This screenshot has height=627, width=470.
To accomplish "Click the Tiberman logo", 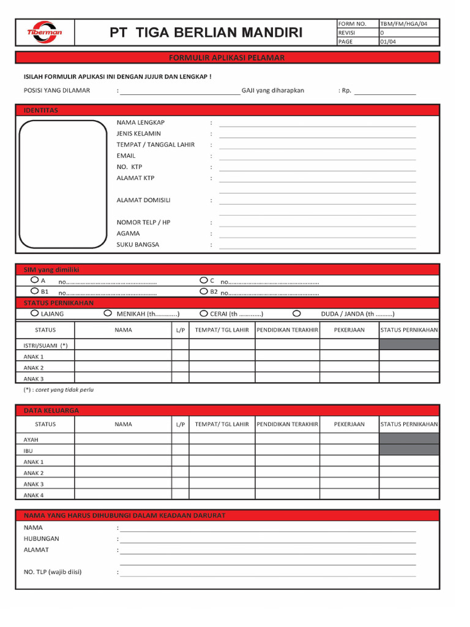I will (x=44, y=32).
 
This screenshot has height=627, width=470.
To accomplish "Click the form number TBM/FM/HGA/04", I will (x=403, y=23).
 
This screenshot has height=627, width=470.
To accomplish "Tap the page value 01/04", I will (x=388, y=42).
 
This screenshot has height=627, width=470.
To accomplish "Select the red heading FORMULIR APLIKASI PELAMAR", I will (x=227, y=58).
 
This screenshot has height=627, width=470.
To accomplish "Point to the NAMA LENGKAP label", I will (x=141, y=122).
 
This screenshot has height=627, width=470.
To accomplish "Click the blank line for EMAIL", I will (x=317, y=159).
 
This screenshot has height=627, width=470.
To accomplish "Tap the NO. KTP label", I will (x=129, y=167).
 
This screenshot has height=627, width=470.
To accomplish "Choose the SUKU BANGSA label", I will (x=138, y=244).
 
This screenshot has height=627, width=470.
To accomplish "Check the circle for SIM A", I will (x=35, y=280).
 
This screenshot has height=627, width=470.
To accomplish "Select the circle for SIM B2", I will (x=204, y=291).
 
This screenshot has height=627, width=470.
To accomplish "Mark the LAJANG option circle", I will (x=35, y=313).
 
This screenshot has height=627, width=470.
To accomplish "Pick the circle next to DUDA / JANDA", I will (x=297, y=313).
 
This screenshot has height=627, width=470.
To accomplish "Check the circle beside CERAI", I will (x=204, y=313).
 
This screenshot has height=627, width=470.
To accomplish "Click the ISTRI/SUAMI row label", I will (x=45, y=345).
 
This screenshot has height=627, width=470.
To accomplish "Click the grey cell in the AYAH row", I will (x=409, y=439).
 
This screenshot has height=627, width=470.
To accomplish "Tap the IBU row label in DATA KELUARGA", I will (x=28, y=451).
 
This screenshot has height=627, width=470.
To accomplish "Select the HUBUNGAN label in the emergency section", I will (x=42, y=539).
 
